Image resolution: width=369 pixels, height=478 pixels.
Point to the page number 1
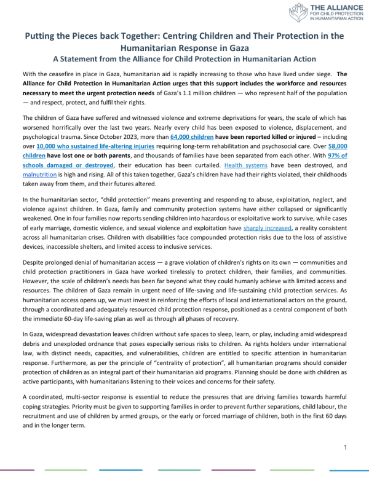coord(346,447)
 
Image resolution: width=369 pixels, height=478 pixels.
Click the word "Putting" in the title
coord(42,36)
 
